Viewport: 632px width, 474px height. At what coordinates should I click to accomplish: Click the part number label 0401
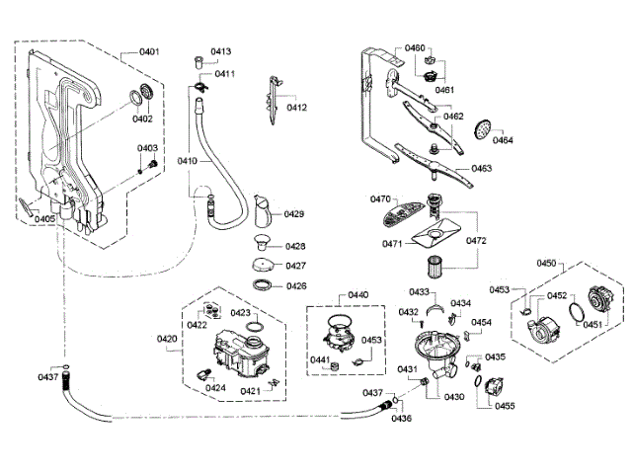coord(149,51)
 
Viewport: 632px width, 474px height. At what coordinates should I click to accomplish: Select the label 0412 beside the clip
coord(297,108)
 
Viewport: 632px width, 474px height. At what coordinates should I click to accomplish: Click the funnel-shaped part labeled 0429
coord(264,210)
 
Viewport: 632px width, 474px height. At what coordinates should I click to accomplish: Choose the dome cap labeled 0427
coord(263,265)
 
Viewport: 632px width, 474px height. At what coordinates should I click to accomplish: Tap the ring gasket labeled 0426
coord(264,285)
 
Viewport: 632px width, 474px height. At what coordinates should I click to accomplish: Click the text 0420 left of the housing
coord(167,339)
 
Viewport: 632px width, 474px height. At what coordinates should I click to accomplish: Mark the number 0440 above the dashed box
coord(357,294)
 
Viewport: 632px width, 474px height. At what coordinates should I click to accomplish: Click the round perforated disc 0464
coord(481,128)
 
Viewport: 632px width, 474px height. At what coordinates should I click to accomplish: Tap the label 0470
coord(381,199)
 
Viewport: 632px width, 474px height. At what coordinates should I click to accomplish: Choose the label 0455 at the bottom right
coord(504,406)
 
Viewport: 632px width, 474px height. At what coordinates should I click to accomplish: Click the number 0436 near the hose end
coord(401,419)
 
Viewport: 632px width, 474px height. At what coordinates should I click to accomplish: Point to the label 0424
coord(216,388)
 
